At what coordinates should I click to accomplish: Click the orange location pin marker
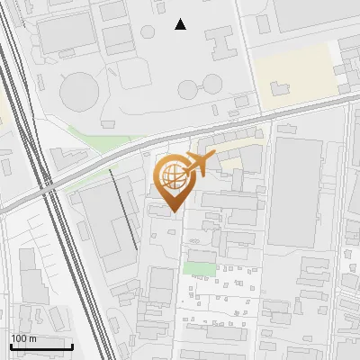[171, 178]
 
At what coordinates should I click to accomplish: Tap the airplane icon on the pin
[200, 163]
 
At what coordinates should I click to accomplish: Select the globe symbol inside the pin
[170, 174]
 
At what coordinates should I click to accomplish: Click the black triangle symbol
[181, 24]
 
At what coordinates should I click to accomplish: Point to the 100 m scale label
[23, 338]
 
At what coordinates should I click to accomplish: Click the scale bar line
[41, 346]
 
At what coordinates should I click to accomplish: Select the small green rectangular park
[199, 267]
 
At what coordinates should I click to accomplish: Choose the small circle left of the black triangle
[148, 31]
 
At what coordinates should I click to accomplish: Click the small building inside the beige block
[280, 88]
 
